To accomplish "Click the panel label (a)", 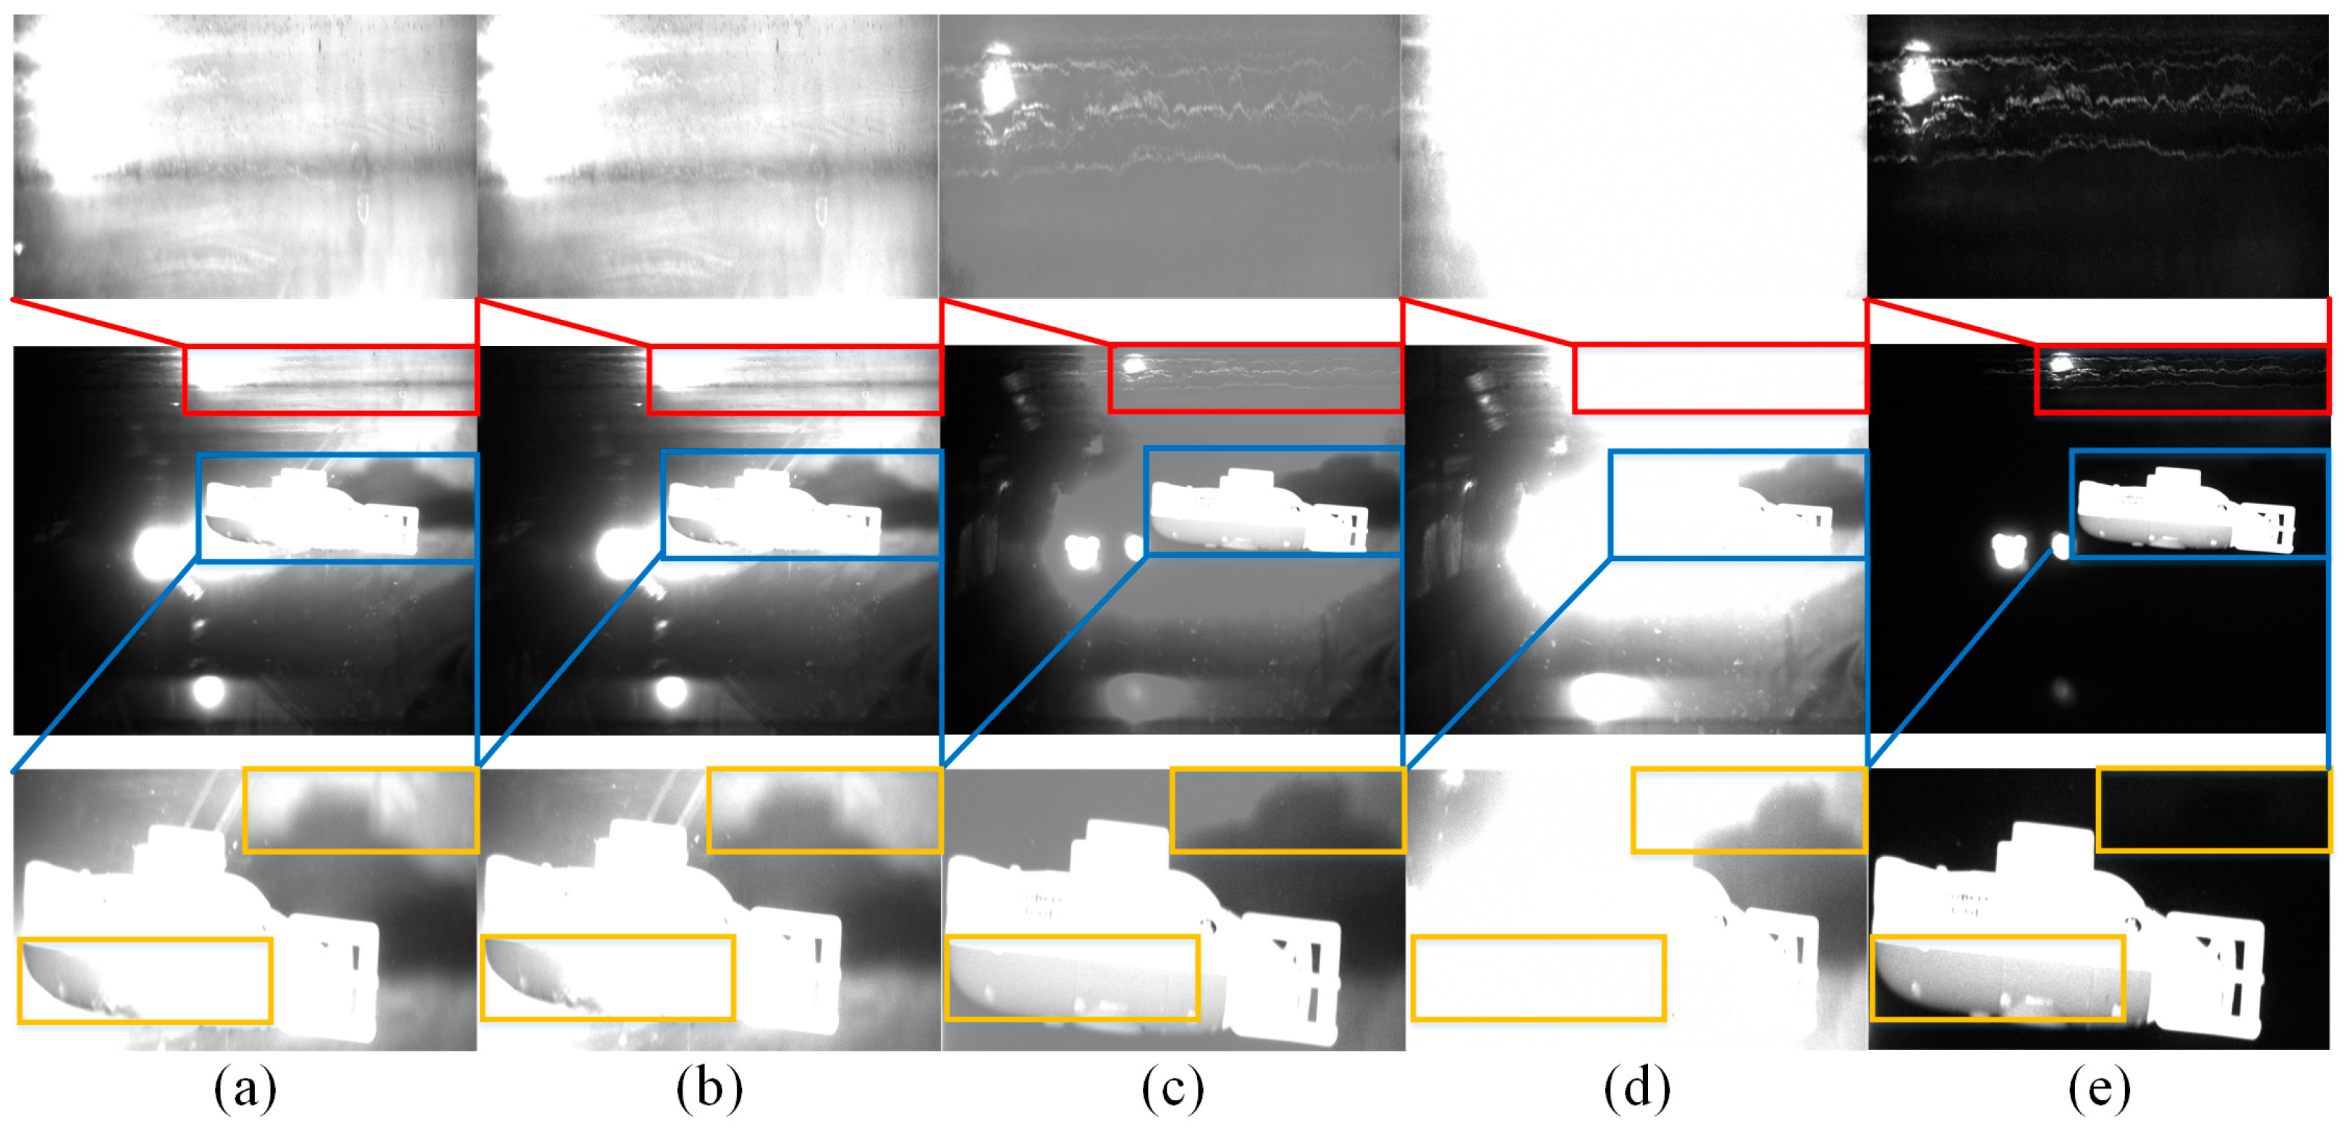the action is [245, 1088].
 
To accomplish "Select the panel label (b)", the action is [709, 1088].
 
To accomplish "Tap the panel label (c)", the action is [1172, 1088].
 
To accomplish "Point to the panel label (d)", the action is [1636, 1088].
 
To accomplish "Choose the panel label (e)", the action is [2099, 1088].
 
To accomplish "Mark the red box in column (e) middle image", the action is [2182, 379].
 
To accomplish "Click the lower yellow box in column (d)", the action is [1539, 977].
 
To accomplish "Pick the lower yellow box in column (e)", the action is [1998, 977].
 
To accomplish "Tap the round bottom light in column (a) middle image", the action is [208, 692].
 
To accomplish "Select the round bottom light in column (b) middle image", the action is [672, 692].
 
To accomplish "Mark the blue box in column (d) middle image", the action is [1738, 504].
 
